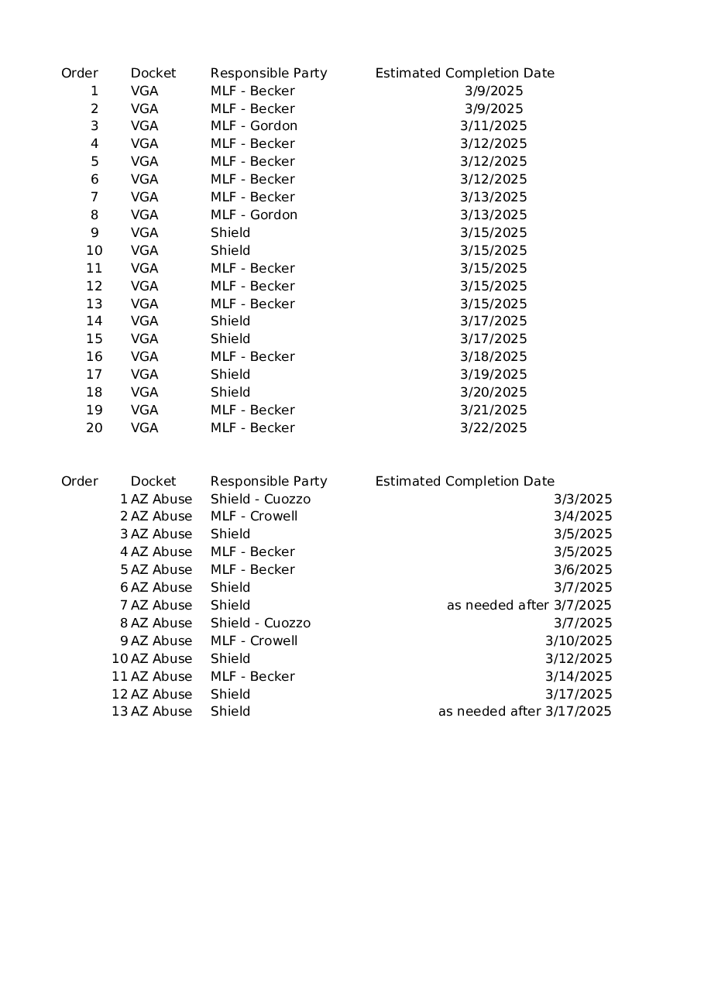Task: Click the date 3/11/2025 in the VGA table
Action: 493,126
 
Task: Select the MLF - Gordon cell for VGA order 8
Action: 254,215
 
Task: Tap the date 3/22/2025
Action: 493,428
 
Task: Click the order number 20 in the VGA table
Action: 94,428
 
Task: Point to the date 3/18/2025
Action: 493,357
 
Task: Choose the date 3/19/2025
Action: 493,375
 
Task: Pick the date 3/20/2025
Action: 493,393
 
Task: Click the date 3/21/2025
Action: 493,410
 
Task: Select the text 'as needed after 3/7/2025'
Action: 529,606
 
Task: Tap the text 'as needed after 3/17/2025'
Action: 525,712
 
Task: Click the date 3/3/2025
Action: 582,500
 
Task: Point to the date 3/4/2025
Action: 582,517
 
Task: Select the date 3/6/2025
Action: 582,570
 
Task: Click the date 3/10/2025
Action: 579,641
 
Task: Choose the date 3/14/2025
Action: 579,677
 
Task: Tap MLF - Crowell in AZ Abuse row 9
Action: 254,641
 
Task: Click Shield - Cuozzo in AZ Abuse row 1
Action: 260,500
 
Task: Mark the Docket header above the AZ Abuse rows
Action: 153,482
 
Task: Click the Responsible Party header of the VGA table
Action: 269,74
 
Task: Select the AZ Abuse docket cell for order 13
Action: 161,712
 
